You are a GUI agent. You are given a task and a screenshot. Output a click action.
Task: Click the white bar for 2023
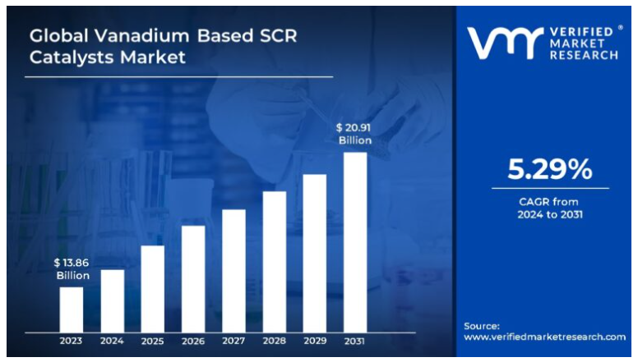tap(72, 309)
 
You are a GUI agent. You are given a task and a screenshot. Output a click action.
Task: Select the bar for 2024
tap(112, 300)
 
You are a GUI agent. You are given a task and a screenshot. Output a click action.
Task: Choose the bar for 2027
tap(233, 270)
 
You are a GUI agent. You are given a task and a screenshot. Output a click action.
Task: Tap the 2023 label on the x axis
tap(72, 341)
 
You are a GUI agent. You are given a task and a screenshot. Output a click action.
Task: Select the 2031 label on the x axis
tap(355, 341)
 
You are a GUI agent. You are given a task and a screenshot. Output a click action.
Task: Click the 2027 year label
tap(233, 341)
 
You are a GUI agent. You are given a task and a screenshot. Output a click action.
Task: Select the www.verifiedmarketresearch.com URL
tap(544, 337)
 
